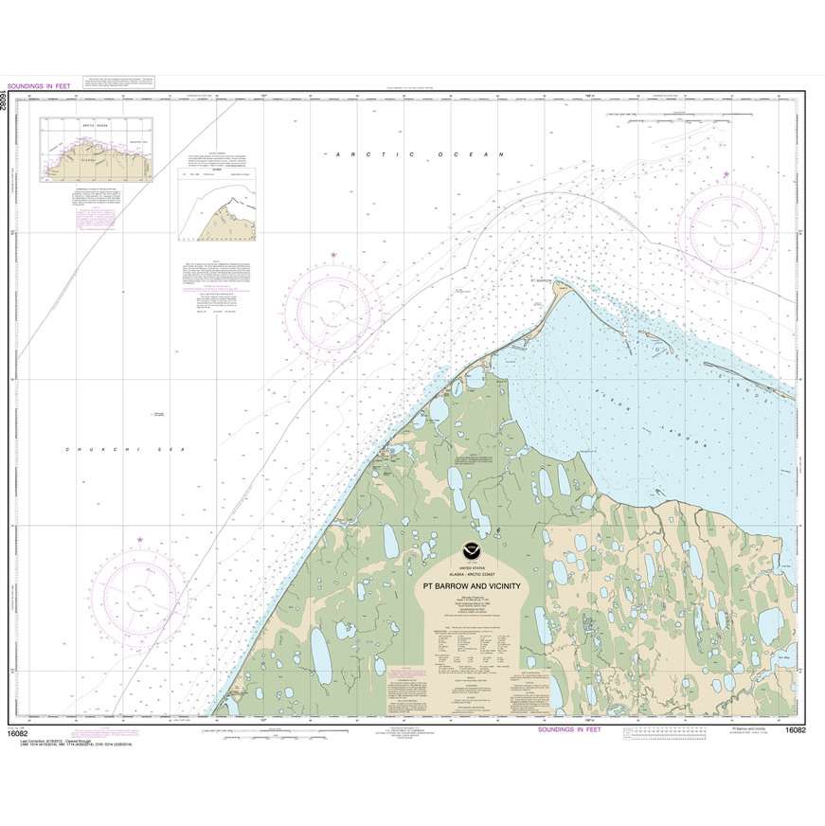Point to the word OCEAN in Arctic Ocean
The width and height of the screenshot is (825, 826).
tap(475, 154)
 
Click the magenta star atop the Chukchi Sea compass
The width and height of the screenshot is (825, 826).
tap(140, 540)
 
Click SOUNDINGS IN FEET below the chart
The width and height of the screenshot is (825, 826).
tap(568, 729)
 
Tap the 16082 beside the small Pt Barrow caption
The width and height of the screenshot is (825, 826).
tap(798, 729)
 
